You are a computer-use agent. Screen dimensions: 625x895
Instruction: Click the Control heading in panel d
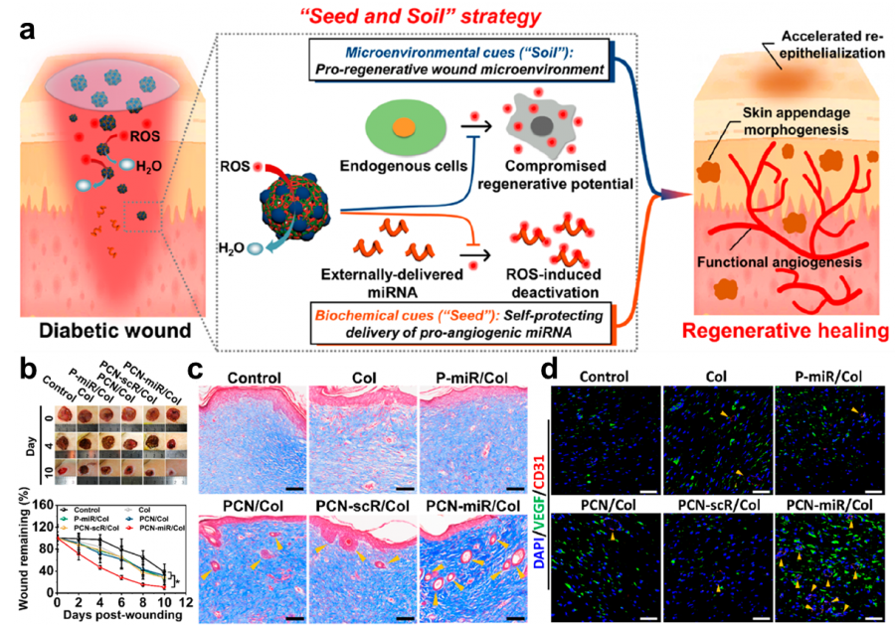pos(607,377)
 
